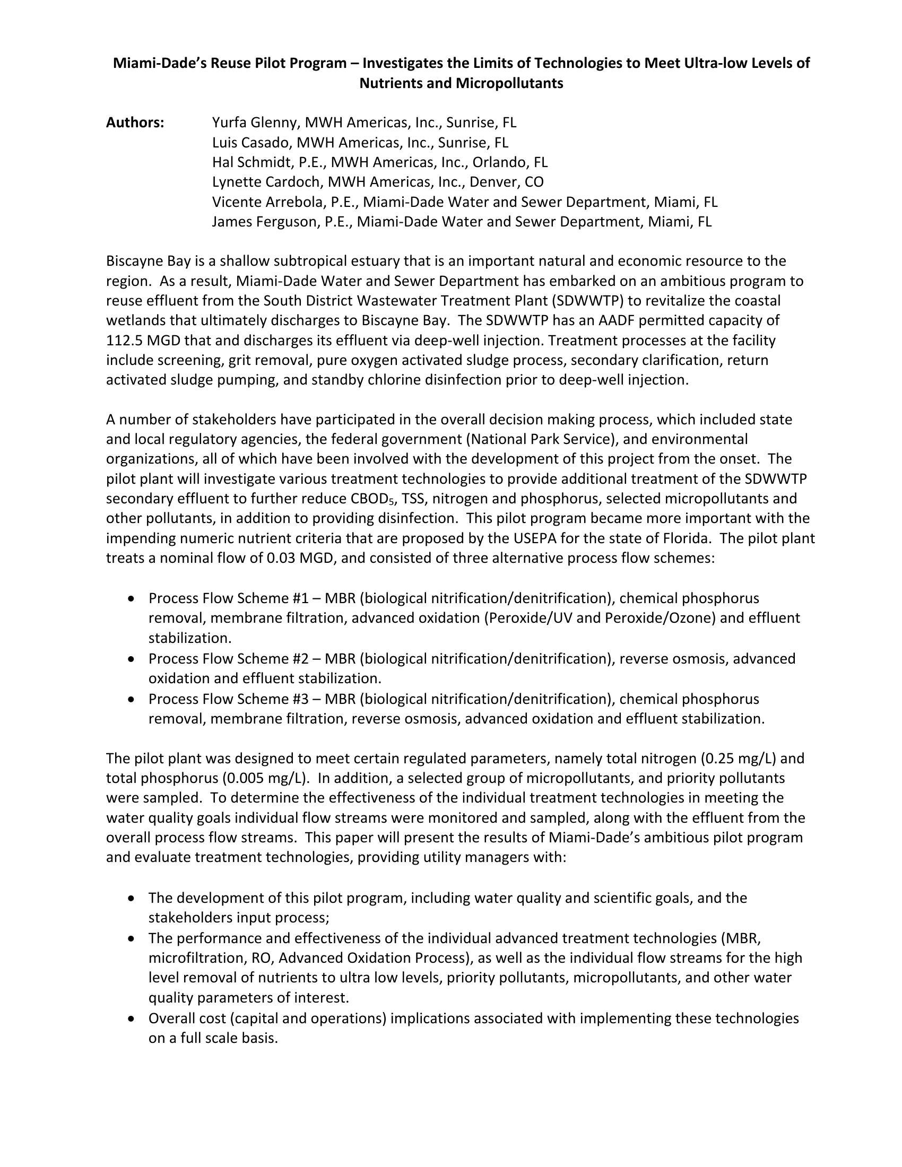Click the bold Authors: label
point(135,123)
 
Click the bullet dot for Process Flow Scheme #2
point(132,659)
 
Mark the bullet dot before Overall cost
point(132,1019)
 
